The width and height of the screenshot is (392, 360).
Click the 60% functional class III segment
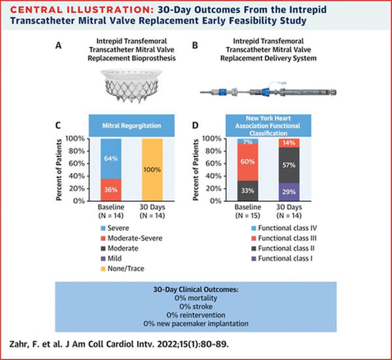pyautogui.click(x=248, y=162)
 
